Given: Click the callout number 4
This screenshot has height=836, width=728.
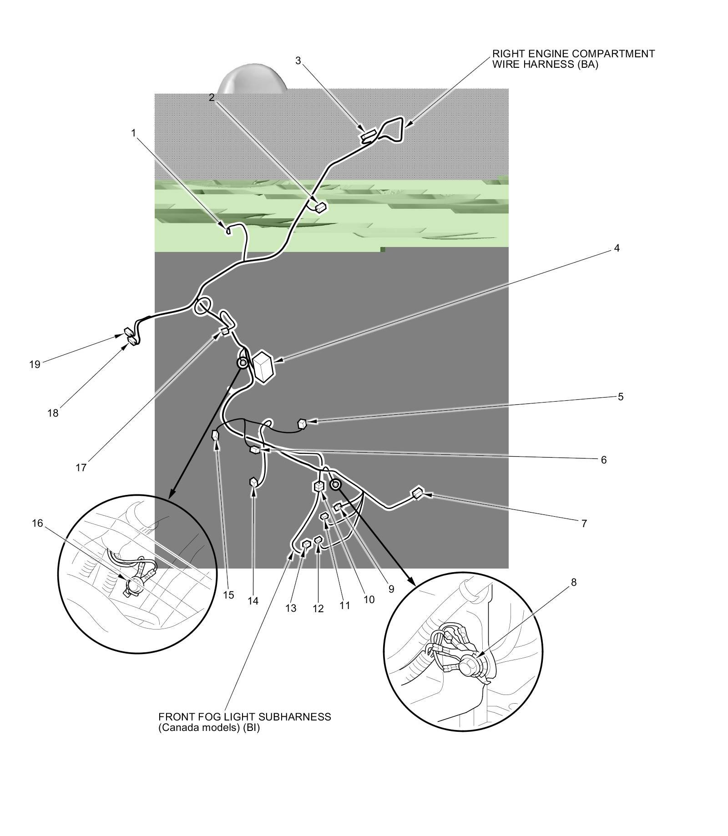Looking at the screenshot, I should tap(617, 248).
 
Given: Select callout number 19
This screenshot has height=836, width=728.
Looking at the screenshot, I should tap(35, 364).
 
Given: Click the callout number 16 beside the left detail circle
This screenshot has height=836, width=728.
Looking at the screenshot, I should tap(37, 524).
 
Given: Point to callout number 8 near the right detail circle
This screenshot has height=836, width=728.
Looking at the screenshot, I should tap(573, 582).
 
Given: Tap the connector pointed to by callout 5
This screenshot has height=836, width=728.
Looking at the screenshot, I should tap(302, 424).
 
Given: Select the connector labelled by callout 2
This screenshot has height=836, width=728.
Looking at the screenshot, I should tap(321, 207).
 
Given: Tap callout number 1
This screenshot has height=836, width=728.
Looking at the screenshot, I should tap(133, 133).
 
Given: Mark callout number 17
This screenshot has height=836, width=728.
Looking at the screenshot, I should tap(81, 468).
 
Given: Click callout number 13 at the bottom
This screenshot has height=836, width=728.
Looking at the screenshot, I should tap(291, 608).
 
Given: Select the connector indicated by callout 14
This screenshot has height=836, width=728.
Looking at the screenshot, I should tap(253, 482).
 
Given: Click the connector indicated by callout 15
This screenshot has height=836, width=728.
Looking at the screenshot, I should tap(216, 436).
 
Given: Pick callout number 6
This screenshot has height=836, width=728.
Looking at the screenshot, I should tap(603, 460).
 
